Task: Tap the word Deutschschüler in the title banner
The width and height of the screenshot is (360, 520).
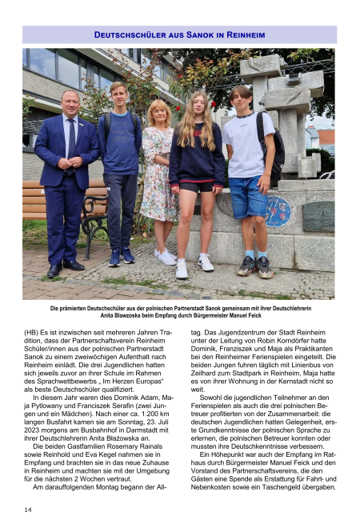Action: pos(130,35)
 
